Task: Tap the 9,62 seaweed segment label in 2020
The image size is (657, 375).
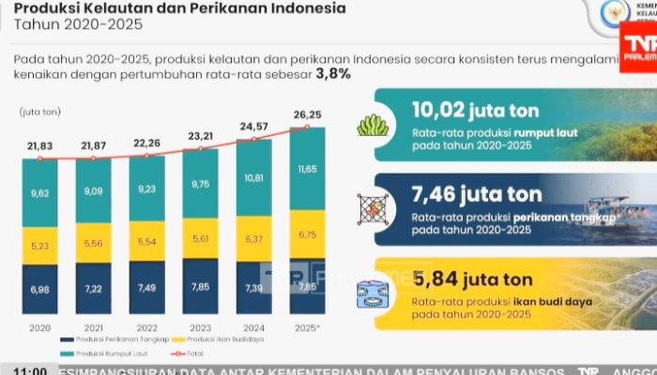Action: [x=38, y=194]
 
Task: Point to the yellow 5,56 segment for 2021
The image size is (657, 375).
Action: [x=92, y=243]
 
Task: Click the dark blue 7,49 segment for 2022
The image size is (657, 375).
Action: [x=146, y=288]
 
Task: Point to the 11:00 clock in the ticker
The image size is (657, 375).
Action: [x=26, y=369]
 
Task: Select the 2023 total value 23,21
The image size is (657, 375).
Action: [x=200, y=135]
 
